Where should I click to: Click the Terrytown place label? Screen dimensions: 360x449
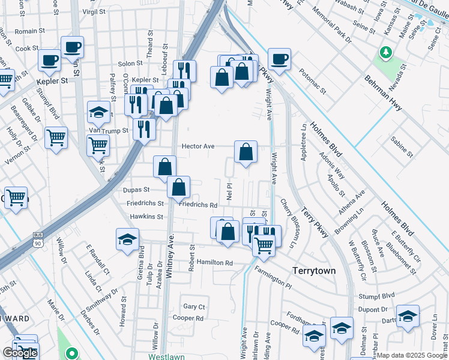point(313,271)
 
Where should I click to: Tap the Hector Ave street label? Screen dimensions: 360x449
point(198,146)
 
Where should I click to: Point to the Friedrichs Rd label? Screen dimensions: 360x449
point(197,205)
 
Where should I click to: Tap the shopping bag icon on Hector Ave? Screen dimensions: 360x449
point(246,152)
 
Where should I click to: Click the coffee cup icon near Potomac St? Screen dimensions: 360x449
point(279,59)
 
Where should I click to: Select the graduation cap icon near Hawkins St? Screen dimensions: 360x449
point(127,239)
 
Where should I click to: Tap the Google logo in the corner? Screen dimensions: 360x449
point(20,353)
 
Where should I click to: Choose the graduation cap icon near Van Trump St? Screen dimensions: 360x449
point(99,112)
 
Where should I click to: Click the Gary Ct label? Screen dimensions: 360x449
point(194,307)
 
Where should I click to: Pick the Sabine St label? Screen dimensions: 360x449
point(402,146)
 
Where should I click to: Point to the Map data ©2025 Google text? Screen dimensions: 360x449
point(412,355)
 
